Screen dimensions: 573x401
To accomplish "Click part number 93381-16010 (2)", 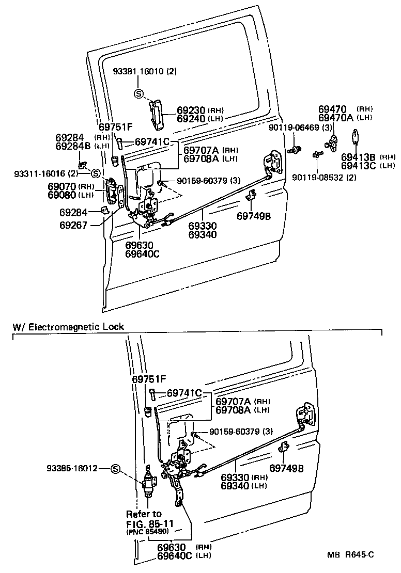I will coord(145,72).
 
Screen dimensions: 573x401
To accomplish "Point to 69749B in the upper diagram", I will coord(254,216).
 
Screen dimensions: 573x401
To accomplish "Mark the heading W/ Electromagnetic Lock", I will coord(68,327).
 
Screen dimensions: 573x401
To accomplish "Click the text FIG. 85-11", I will coord(149,523).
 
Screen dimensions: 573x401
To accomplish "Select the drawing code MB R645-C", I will coord(350,555).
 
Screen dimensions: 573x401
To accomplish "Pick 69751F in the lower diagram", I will coord(149,379).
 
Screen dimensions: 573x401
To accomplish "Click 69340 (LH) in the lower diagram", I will coord(243,486).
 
